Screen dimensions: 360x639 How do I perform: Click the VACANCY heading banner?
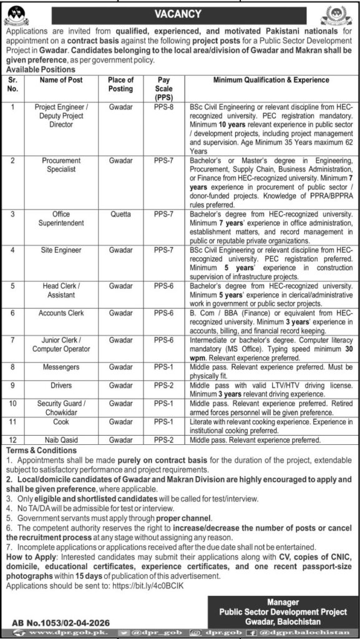(x=180, y=12)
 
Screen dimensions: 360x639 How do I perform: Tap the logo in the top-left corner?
(x=14, y=12)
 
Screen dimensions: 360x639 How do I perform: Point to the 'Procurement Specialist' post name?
(x=61, y=165)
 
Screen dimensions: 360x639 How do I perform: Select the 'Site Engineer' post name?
(x=61, y=250)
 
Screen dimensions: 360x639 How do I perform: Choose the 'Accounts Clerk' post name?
(x=61, y=312)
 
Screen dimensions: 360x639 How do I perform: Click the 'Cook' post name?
(x=61, y=422)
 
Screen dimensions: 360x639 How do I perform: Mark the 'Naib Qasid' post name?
(x=61, y=440)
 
